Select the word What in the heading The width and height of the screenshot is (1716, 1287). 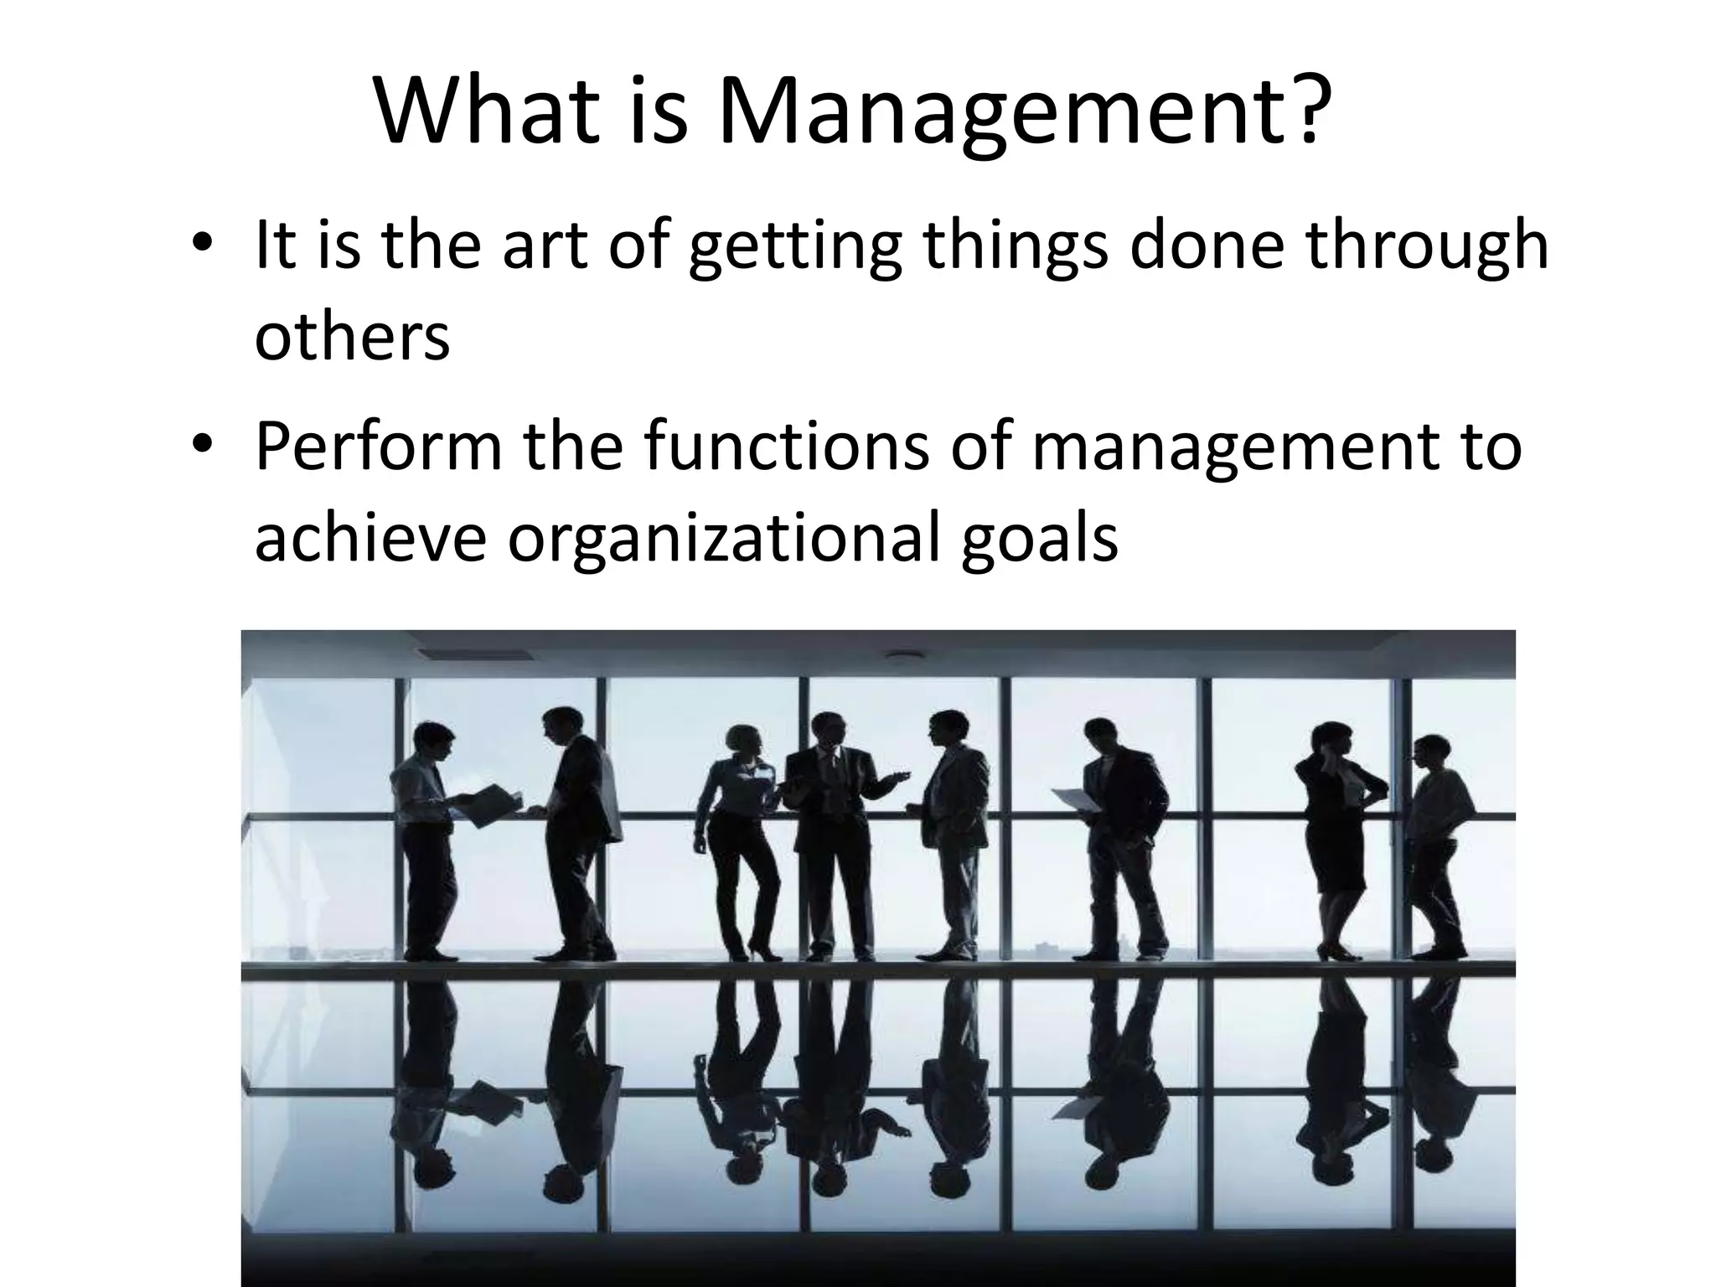pos(487,111)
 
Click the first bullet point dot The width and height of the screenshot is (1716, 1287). pos(200,246)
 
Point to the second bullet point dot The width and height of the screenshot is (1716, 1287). pos(200,446)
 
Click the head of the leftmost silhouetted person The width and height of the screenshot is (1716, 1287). pos(436,742)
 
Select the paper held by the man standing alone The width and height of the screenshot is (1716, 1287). pos(1076,799)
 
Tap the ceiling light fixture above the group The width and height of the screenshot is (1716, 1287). pos(903,659)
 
